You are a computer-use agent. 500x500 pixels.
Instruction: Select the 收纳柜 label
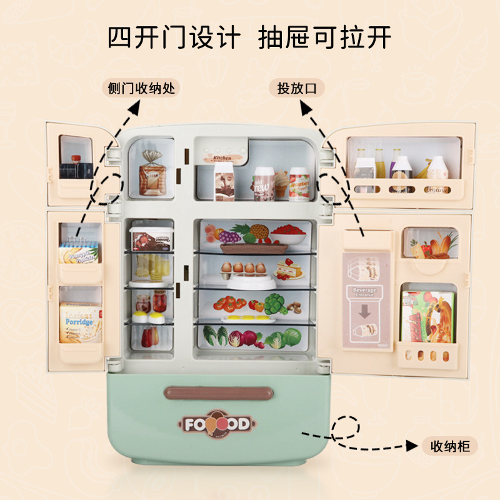coord(449,446)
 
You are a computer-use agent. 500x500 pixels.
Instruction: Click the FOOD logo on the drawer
coord(217,424)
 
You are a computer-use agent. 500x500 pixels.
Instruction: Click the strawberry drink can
coord(299,182)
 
